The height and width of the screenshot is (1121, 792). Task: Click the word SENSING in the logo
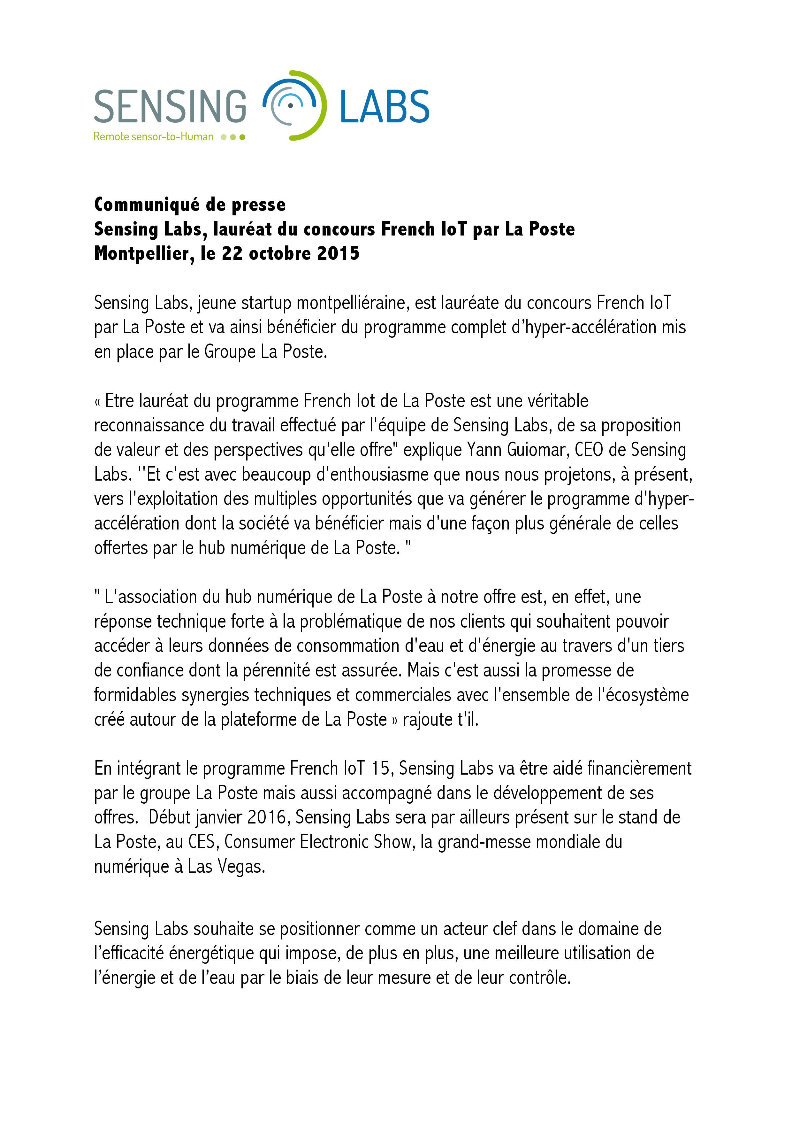point(170,106)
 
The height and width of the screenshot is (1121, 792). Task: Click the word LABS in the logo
point(384,106)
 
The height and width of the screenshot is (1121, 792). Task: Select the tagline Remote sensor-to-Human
point(153,137)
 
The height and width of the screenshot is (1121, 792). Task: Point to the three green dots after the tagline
point(233,137)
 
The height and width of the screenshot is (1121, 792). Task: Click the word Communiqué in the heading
point(145,205)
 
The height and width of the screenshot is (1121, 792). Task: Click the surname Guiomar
point(536,450)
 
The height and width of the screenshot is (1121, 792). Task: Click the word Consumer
point(260,842)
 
